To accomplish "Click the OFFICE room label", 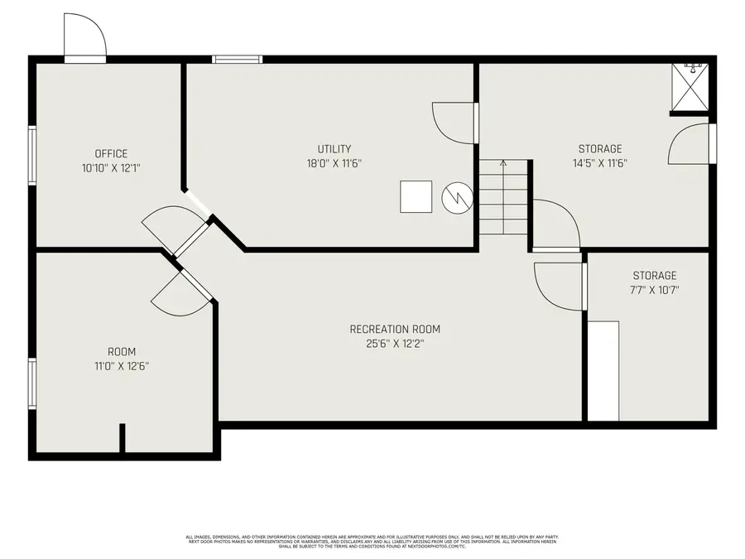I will click(x=111, y=153).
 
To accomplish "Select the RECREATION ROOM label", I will click(x=395, y=329).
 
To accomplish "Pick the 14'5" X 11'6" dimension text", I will click(x=600, y=163).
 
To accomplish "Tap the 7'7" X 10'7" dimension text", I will click(x=655, y=290).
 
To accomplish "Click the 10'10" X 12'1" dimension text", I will click(x=111, y=167).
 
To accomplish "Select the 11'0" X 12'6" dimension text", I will click(x=122, y=365).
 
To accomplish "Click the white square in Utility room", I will click(x=416, y=196).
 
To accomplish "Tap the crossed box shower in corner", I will click(x=690, y=86).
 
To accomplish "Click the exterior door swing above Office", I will click(x=84, y=36).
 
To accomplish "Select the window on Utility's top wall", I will click(x=237, y=59).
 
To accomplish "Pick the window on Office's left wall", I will click(x=32, y=154).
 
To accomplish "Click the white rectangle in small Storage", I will click(x=603, y=370).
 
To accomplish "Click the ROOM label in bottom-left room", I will click(x=122, y=351).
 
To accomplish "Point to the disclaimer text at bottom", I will click(x=372, y=542).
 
